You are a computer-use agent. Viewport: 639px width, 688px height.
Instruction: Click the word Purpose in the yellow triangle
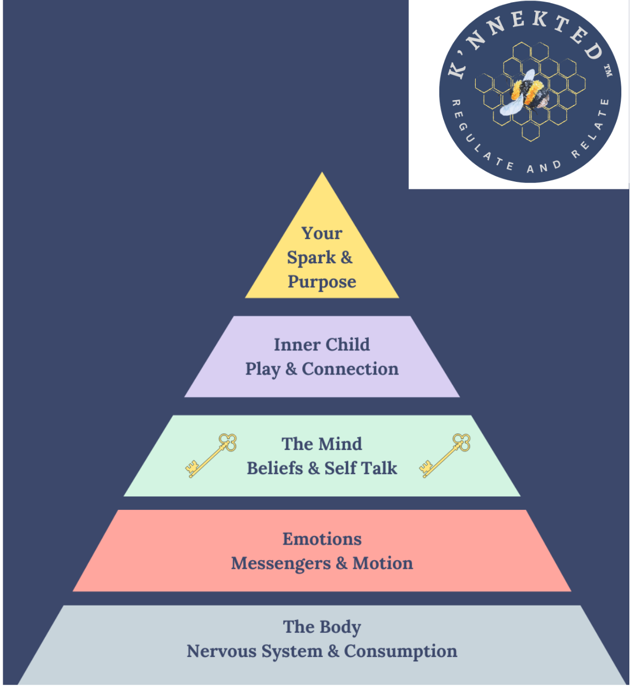tap(322, 282)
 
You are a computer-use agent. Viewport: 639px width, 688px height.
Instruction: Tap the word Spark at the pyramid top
tap(311, 258)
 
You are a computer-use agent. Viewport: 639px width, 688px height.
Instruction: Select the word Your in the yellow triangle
tap(322, 234)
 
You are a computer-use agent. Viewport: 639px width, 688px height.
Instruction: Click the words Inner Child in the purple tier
tap(322, 345)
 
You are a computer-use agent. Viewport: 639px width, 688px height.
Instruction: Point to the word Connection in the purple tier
tap(350, 369)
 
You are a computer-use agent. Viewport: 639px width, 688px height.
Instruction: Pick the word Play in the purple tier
tap(262, 370)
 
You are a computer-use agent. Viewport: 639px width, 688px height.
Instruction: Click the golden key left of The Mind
tap(212, 455)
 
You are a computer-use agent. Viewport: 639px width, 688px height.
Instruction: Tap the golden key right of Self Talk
tap(445, 455)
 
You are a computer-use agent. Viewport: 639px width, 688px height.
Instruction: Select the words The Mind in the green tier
tap(322, 444)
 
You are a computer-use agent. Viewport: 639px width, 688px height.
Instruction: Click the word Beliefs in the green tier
tap(275, 469)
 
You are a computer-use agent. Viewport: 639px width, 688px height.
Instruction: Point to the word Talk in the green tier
tap(379, 469)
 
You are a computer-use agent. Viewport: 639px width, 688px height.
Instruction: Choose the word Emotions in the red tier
tap(322, 539)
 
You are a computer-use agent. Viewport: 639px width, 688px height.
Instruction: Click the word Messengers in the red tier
tap(280, 564)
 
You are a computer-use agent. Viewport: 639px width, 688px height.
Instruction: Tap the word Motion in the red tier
tap(383, 563)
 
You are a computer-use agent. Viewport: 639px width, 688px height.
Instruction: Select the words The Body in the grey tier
tap(322, 627)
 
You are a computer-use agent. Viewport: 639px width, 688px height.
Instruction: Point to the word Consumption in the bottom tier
tap(400, 652)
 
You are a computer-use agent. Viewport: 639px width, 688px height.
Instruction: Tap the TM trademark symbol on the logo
tap(607, 71)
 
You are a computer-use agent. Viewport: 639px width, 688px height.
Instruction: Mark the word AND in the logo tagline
tap(544, 167)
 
